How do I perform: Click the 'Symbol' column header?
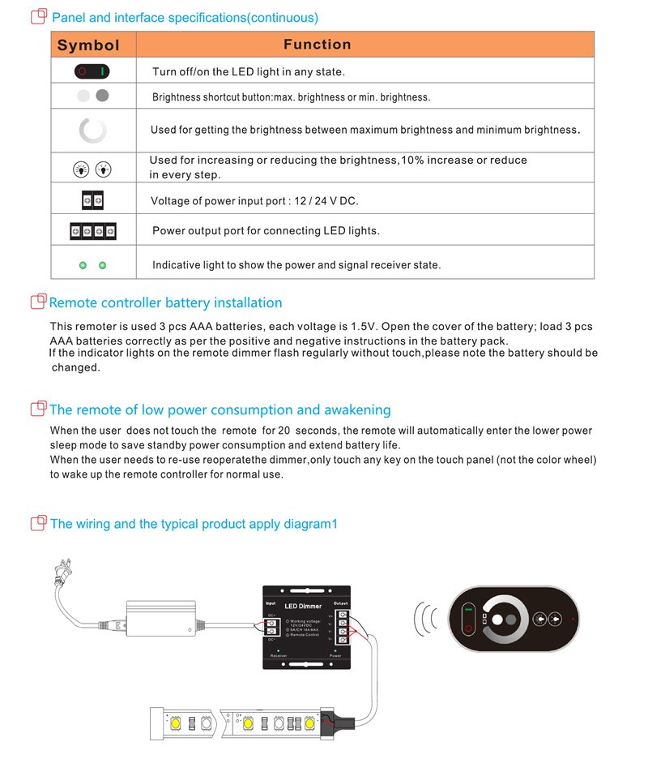click(x=88, y=45)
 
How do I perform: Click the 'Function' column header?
click(x=318, y=45)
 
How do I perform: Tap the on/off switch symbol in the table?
click(x=92, y=71)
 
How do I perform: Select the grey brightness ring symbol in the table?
click(x=92, y=131)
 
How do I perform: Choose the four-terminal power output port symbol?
click(x=92, y=230)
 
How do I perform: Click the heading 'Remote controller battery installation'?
click(x=165, y=303)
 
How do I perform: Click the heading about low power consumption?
click(x=220, y=410)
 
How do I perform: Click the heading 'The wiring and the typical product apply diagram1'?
click(x=193, y=524)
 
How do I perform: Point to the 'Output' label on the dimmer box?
click(x=341, y=602)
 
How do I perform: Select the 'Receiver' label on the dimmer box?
click(x=278, y=656)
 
